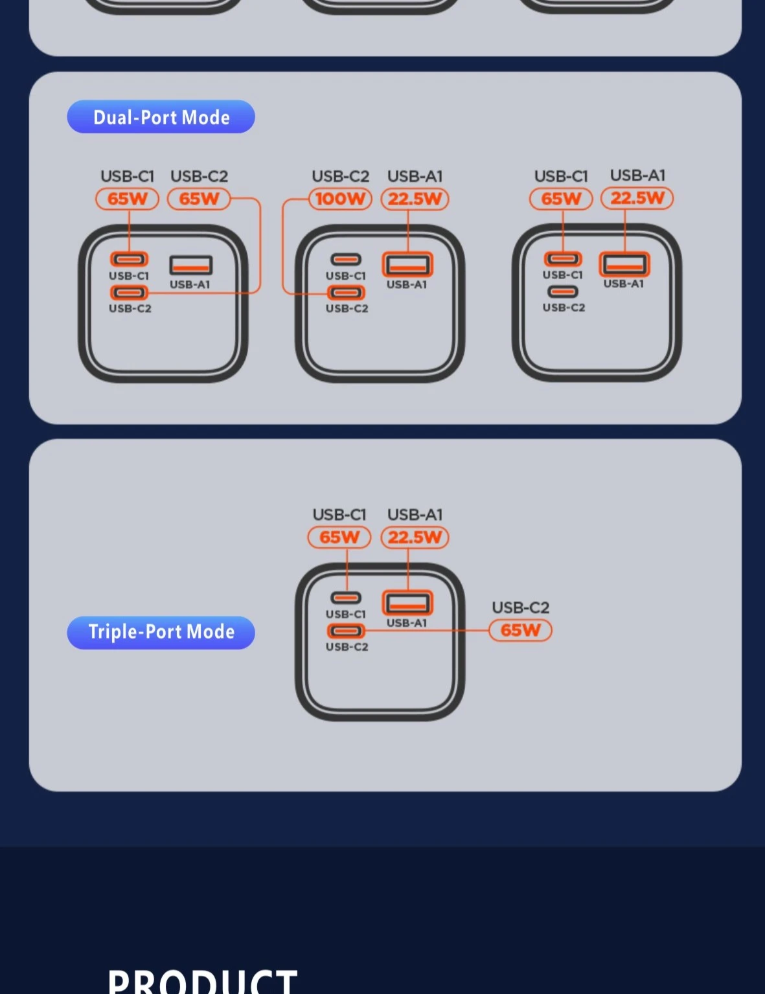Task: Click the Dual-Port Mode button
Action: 161,117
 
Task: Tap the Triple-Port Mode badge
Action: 161,633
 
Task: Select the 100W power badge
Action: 341,199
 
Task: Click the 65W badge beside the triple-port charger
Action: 520,630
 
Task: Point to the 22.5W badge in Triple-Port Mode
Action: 415,537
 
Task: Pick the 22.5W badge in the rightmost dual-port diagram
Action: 637,198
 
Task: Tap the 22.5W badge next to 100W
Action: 415,199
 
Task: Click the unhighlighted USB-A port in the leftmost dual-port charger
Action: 191,265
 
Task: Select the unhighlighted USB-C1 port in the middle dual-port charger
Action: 346,260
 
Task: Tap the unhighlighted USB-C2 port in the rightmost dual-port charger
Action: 563,291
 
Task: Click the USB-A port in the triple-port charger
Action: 407,604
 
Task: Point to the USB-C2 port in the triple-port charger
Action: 346,631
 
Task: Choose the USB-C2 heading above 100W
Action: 341,176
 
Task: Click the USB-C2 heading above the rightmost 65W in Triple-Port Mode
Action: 520,607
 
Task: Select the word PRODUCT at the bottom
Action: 202,981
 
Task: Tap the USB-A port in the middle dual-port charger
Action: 407,265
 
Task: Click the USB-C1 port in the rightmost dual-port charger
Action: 563,259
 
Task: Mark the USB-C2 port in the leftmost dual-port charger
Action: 129,292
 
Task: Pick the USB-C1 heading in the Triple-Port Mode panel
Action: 339,515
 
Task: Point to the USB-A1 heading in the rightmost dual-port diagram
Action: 637,175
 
